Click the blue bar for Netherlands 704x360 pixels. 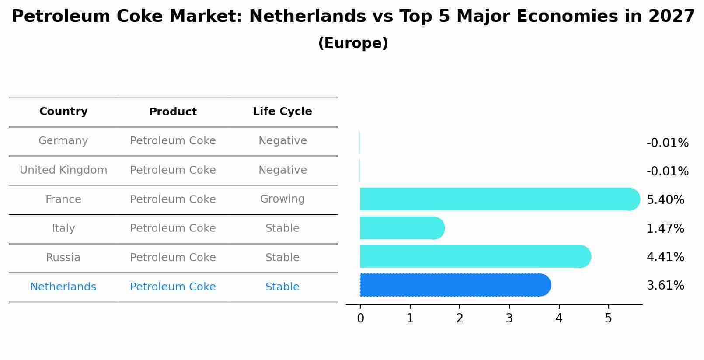[455, 285]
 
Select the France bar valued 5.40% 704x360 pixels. [498, 199]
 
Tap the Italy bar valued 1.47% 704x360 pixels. [401, 228]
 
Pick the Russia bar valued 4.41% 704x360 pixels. [474, 256]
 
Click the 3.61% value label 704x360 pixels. [665, 286]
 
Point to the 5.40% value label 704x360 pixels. [665, 200]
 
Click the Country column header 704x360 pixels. [63, 112]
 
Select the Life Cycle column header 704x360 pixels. [282, 112]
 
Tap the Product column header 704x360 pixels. [173, 112]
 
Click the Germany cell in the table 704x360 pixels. [63, 141]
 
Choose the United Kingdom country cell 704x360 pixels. [63, 170]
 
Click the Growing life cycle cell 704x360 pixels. [282, 199]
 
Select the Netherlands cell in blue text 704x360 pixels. [63, 287]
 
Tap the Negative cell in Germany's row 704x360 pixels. [282, 141]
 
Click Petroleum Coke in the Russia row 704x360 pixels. [173, 258]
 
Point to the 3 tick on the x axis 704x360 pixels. [509, 318]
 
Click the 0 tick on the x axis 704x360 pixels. [360, 318]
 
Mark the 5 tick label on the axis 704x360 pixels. [608, 318]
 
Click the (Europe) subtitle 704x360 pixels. [353, 43]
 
